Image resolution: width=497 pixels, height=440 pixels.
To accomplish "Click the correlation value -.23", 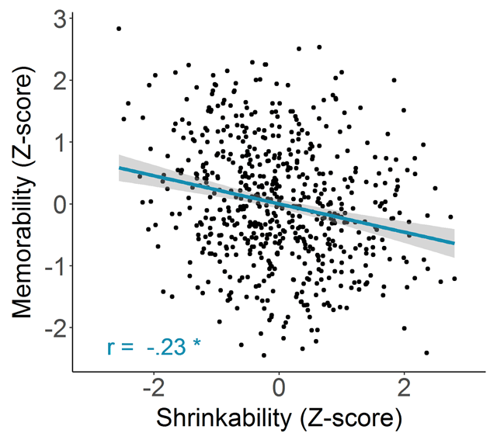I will tap(165, 347).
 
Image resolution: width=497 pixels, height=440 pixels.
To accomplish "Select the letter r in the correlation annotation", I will tap(111, 348).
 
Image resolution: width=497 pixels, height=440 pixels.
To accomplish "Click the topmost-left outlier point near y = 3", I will tap(119, 29).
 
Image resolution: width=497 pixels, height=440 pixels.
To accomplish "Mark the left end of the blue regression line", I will tap(120, 167).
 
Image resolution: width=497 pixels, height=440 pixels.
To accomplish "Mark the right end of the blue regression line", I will tap(454, 243).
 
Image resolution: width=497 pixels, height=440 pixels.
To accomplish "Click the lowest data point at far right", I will tap(426, 352).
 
